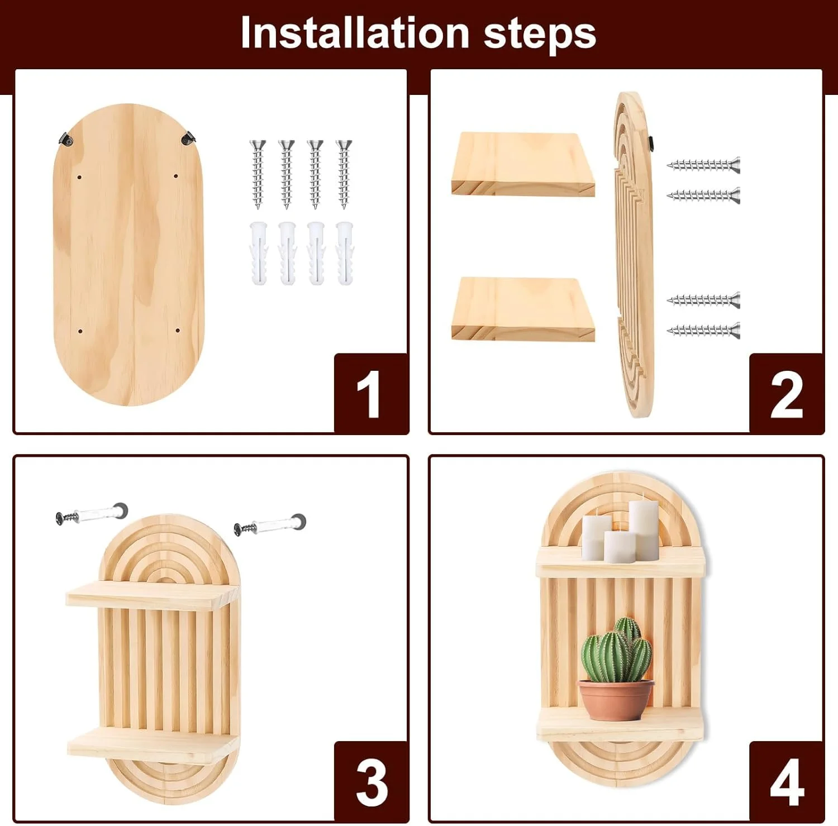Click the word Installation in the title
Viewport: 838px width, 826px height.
[x=355, y=33]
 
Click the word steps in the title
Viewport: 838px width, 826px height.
[x=540, y=35]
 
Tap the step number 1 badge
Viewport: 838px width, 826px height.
[x=371, y=393]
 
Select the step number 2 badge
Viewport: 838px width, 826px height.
[x=786, y=393]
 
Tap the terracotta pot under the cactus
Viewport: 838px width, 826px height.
[x=616, y=699]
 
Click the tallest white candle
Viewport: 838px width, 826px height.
[x=644, y=529]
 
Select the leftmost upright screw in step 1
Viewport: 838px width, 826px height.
[x=258, y=174]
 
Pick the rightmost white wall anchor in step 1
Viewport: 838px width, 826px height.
[x=344, y=253]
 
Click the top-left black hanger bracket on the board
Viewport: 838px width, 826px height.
[x=66, y=138]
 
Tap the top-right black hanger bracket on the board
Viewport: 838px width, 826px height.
[x=188, y=137]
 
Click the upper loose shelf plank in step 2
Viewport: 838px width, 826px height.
[x=523, y=164]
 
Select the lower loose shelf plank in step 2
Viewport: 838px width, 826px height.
[x=523, y=309]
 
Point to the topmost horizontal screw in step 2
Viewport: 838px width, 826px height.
[x=703, y=165]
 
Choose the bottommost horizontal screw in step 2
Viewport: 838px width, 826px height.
[x=703, y=331]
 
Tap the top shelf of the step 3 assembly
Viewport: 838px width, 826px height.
[x=152, y=595]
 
